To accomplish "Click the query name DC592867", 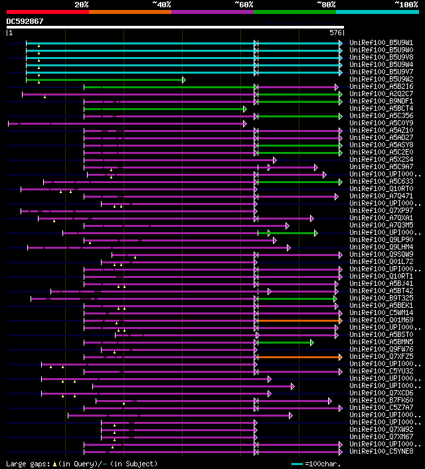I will pyautogui.click(x=25, y=21).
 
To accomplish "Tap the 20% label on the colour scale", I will pyautogui.click(x=82, y=5).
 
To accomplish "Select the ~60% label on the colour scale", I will pyautogui.click(x=244, y=5).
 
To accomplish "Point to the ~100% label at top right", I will pyautogui.click(x=406, y=5).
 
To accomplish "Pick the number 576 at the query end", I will pyautogui.click(x=336, y=33).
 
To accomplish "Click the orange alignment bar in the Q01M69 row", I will pyautogui.click(x=299, y=320).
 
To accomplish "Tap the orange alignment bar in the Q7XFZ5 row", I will pyautogui.click(x=299, y=357).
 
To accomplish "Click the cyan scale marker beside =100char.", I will pyautogui.click(x=297, y=464).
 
